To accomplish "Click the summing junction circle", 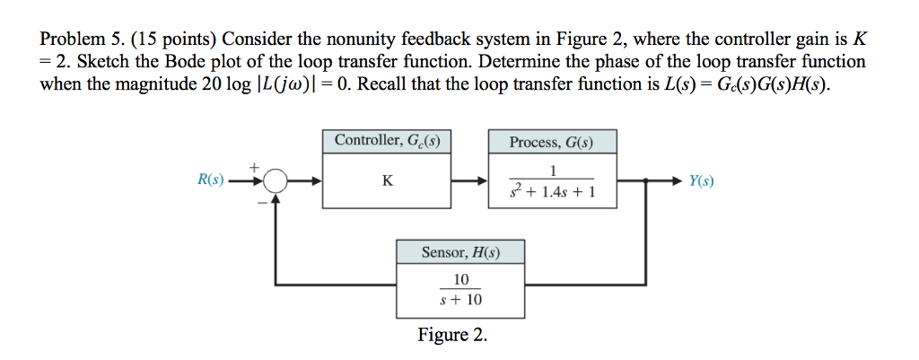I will [276, 181].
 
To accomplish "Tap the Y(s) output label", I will [701, 180].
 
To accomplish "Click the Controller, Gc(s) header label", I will [387, 141].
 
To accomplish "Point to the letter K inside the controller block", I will [387, 180].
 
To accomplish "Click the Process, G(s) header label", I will [552, 142].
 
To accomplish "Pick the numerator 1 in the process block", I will [554, 171].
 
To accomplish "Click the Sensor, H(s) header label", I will [460, 252].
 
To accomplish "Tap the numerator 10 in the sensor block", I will [460, 279].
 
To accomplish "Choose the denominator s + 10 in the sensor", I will [460, 300].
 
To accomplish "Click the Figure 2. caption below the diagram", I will [452, 336].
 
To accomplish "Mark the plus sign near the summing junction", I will [254, 166].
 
